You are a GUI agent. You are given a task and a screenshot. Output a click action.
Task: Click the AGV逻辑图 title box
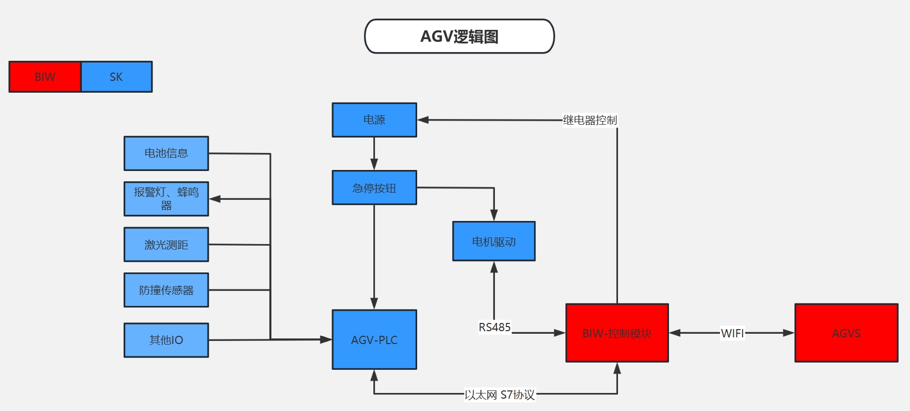[x=459, y=37]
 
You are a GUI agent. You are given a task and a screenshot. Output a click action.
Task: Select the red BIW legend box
[x=45, y=77]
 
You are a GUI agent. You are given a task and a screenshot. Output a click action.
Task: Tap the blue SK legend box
[x=116, y=77]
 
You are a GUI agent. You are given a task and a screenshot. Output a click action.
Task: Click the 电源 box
[x=374, y=120]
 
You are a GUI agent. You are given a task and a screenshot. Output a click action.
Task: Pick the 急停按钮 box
[x=374, y=188]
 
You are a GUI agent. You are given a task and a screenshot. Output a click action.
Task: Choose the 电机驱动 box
[x=493, y=242]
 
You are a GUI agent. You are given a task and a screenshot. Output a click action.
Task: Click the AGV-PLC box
[x=374, y=340]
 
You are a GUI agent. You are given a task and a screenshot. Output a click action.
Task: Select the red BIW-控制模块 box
[x=616, y=333]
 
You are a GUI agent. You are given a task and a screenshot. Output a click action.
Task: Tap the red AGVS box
[x=846, y=333]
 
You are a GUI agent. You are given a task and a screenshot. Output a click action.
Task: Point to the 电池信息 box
[x=166, y=153]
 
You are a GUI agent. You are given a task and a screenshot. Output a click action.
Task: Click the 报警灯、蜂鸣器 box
[x=166, y=199]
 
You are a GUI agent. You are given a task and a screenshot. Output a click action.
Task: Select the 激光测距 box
[x=166, y=245]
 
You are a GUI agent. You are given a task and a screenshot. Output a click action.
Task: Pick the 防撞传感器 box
[x=166, y=290]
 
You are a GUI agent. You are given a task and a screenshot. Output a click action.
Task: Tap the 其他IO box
[x=166, y=340]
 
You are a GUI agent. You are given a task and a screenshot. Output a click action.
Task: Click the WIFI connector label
[x=732, y=333]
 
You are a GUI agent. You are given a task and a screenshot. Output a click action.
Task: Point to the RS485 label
[x=494, y=328]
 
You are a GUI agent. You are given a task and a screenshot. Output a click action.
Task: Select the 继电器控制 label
[x=590, y=120]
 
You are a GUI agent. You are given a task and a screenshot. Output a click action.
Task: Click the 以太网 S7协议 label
[x=500, y=395]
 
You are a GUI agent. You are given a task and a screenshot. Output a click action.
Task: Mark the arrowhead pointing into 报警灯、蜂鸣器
[x=215, y=199]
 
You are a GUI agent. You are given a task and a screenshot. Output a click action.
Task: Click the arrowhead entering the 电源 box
[x=423, y=120]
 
